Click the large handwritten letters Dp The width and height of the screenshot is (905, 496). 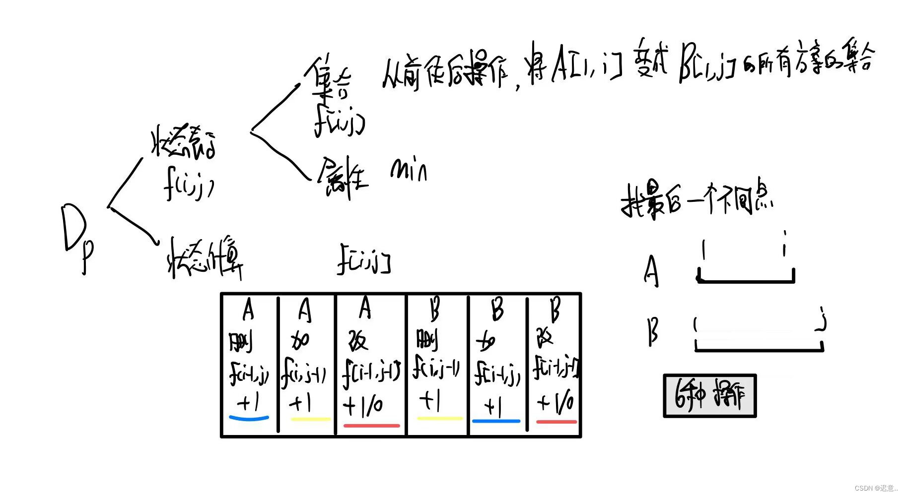(77, 236)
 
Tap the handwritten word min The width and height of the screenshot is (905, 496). (409, 170)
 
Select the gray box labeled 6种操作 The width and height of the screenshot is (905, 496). (709, 396)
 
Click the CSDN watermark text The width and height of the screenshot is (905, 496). (876, 488)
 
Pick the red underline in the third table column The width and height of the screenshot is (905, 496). (371, 425)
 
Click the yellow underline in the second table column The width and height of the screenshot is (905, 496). (310, 419)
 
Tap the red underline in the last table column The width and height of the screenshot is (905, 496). (556, 422)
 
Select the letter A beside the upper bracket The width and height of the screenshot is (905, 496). (651, 271)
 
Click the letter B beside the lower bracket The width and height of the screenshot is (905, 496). (653, 331)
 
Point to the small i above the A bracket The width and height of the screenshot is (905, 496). (784, 243)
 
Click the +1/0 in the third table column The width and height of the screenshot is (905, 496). (363, 406)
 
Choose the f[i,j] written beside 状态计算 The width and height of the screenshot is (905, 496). (364, 258)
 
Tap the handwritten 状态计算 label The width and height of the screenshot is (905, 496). (205, 258)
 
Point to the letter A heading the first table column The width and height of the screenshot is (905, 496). (248, 310)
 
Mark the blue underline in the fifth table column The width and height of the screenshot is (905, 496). (496, 421)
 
